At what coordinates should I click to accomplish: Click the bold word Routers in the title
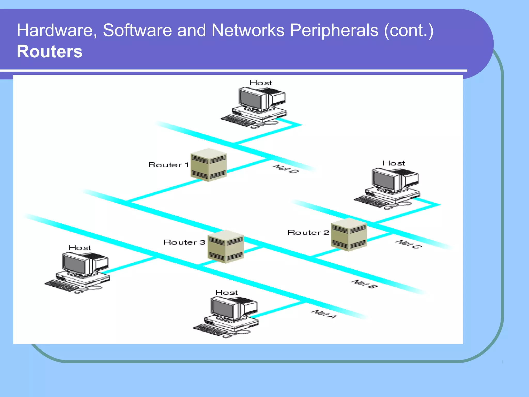pyautogui.click(x=50, y=51)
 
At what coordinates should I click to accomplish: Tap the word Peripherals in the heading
pyautogui.click(x=334, y=30)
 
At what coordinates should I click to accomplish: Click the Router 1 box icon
pyautogui.click(x=208, y=165)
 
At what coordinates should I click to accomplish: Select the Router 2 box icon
pyautogui.click(x=349, y=234)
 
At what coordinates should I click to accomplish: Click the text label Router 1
pyautogui.click(x=168, y=165)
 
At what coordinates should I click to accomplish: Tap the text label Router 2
pyautogui.click(x=308, y=233)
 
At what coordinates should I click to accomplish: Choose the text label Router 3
pyautogui.click(x=184, y=242)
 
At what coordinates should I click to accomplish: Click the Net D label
pyautogui.click(x=285, y=169)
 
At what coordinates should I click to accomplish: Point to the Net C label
pyautogui.click(x=409, y=244)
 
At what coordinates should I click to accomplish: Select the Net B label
pyautogui.click(x=364, y=284)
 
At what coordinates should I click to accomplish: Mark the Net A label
pyautogui.click(x=324, y=314)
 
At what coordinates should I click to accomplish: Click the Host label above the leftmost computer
pyautogui.click(x=80, y=248)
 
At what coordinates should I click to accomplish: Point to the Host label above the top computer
pyautogui.click(x=261, y=83)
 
